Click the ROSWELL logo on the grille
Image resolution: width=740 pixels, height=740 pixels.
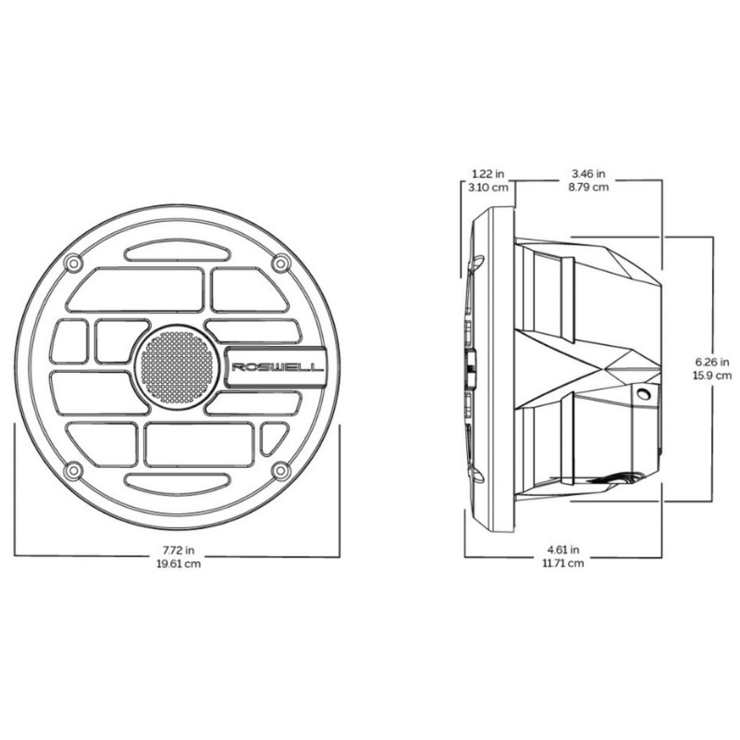point(277,367)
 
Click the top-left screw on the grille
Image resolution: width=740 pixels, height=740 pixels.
point(73,263)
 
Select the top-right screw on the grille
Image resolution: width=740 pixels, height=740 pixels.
point(281,263)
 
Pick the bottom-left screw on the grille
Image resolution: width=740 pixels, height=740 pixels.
point(73,470)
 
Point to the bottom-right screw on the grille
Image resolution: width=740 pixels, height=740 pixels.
point(281,470)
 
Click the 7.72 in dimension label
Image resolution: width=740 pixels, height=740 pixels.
point(179,549)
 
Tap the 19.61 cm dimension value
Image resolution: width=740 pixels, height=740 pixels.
point(179,563)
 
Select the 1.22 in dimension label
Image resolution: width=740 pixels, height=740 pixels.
point(488,174)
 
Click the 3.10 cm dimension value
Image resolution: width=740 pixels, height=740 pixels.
point(488,188)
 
